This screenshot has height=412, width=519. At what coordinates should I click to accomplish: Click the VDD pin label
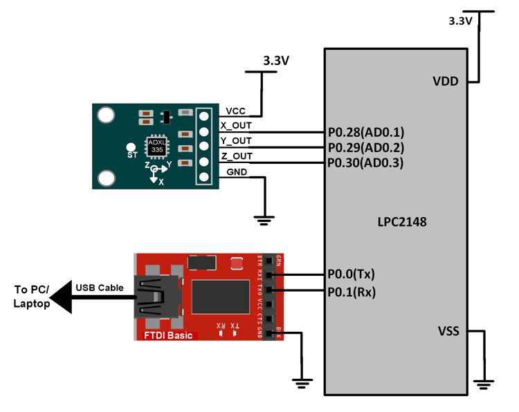445,81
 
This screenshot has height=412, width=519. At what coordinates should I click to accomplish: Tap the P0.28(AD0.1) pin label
365,132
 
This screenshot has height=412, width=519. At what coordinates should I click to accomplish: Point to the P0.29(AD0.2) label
365,147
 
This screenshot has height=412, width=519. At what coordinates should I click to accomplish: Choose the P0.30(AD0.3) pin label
365,163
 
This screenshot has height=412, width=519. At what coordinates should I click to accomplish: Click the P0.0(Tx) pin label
351,274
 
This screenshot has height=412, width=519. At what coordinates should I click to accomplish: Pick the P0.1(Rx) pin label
351,292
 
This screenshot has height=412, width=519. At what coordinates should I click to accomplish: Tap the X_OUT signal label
236,125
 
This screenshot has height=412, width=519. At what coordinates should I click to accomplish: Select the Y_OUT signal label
236,141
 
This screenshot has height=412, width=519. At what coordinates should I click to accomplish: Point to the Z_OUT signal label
236,156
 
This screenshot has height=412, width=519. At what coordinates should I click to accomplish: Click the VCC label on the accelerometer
236,111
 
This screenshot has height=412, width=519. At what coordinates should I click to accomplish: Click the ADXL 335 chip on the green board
157,146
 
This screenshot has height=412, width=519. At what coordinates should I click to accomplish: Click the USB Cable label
100,288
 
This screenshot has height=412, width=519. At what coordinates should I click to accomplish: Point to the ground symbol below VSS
482,382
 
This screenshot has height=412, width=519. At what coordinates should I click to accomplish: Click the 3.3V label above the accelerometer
276,61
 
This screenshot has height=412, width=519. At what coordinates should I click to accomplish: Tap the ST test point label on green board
131,156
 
